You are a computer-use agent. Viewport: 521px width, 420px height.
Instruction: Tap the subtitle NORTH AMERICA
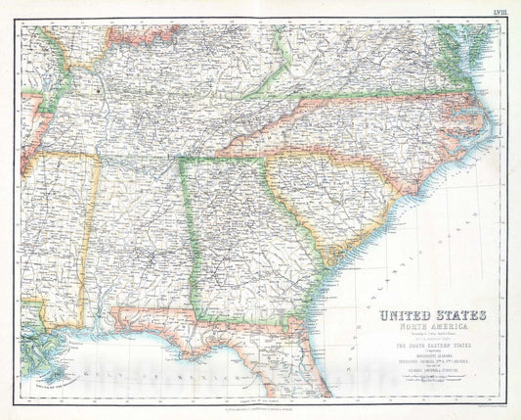pyautogui.click(x=430, y=330)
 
